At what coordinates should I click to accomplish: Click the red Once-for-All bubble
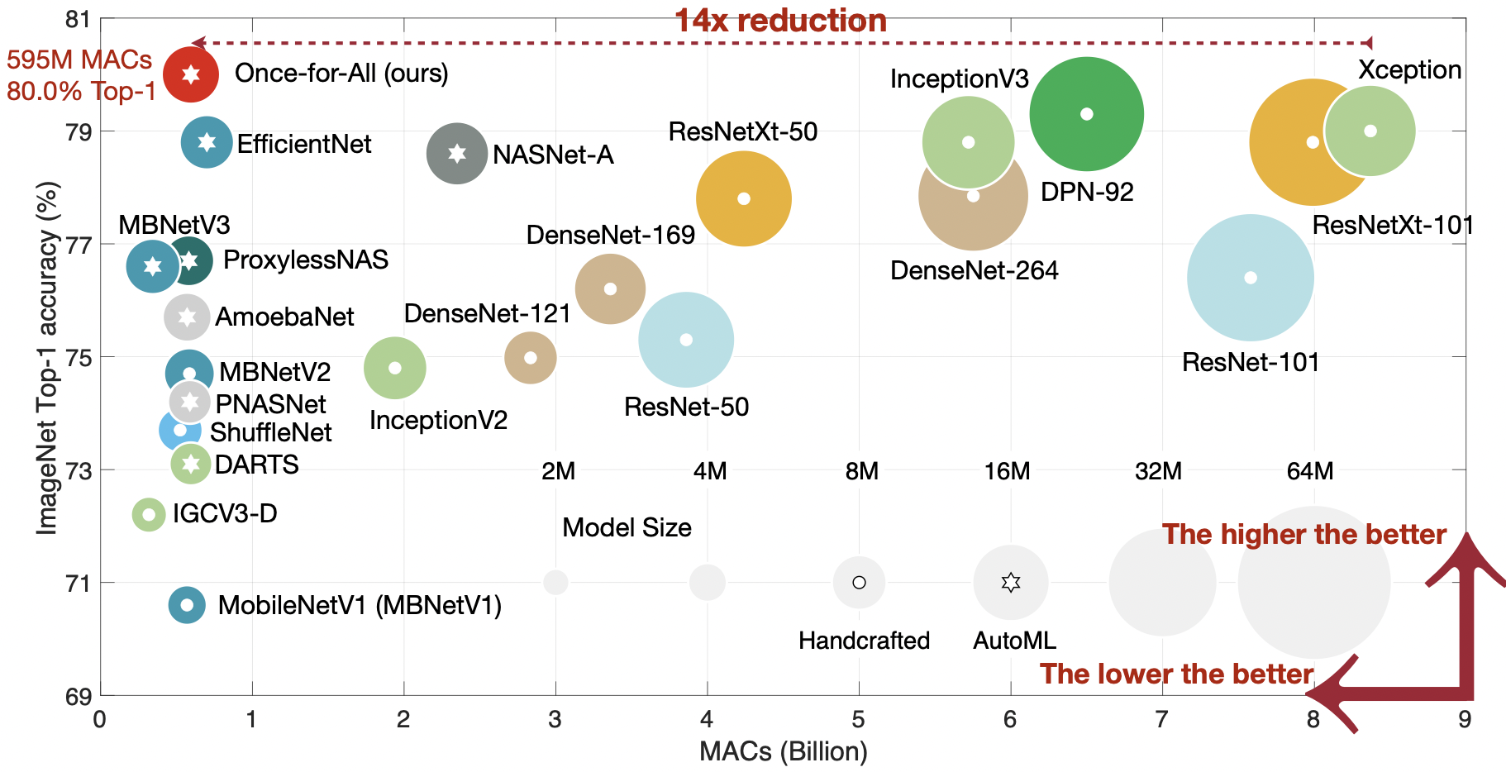point(191,74)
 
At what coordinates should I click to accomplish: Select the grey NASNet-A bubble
point(457,153)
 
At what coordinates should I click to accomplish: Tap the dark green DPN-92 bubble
point(1087,114)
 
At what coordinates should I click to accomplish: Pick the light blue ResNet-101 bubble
point(1250,278)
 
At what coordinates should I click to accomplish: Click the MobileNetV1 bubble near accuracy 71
point(187,605)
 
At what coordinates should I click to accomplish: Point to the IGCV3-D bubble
point(149,514)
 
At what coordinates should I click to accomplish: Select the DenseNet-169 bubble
point(610,289)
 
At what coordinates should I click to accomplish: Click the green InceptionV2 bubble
point(395,368)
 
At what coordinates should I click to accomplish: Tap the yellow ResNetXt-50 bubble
point(743,198)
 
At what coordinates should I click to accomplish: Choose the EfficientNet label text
point(304,145)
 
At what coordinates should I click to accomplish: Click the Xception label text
point(1409,70)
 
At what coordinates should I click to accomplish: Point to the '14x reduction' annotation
point(780,21)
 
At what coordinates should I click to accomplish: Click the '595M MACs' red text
point(79,60)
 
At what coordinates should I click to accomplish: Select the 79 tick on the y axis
point(79,132)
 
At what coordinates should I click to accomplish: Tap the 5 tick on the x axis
point(858,720)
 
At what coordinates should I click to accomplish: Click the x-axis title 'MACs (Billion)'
point(783,751)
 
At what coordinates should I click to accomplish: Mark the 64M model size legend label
point(1309,471)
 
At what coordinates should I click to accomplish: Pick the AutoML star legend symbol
point(1010,583)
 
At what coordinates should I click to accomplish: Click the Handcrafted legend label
point(864,641)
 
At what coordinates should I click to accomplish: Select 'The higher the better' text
point(1303,535)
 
